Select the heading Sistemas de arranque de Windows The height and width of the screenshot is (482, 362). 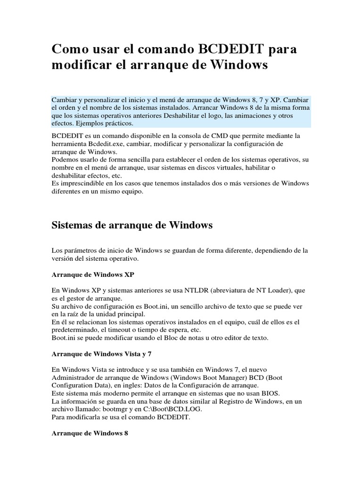click(132, 225)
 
